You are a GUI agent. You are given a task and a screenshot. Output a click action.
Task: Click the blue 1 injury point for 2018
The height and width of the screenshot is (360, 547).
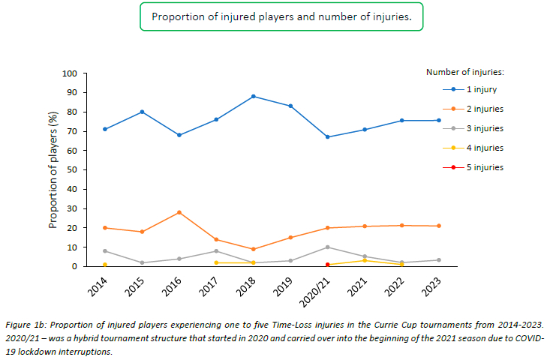pos(254,96)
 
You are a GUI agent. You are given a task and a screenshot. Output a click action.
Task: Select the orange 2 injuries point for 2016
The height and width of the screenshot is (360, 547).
pos(179,212)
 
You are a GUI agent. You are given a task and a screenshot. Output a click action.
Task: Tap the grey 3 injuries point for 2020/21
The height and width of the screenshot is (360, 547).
pos(328,247)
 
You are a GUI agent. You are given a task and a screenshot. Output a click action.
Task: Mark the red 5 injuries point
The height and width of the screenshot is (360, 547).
pos(328,264)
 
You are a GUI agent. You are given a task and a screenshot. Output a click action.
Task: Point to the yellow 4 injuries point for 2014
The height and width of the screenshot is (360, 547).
pos(105,264)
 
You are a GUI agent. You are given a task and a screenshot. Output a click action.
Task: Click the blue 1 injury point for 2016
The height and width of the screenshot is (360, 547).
pos(179,135)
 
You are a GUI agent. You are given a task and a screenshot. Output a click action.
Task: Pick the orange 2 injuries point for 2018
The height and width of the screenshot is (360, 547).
pos(254,249)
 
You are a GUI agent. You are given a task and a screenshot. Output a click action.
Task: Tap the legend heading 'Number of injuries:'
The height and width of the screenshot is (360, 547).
pos(464,72)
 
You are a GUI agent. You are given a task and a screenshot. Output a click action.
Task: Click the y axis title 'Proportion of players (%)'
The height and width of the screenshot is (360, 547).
pos(53,169)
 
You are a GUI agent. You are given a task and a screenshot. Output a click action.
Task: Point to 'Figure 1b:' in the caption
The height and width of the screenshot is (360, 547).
pos(30,325)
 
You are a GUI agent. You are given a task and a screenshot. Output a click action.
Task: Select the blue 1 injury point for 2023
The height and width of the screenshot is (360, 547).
pos(439,120)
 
